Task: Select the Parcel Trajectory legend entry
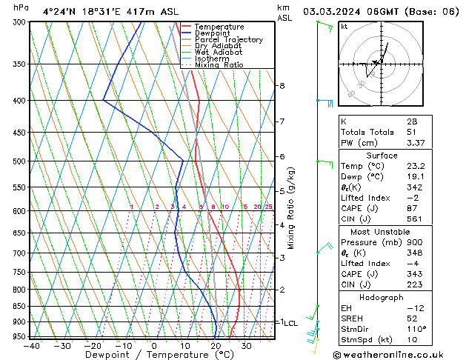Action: pos(228,40)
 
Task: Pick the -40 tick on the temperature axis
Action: pos(31,346)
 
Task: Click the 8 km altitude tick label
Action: pos(282,86)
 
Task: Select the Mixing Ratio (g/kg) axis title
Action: pos(292,207)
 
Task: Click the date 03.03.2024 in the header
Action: pos(330,12)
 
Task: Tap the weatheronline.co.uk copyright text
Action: pos(393,355)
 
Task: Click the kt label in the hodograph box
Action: pos(344,27)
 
